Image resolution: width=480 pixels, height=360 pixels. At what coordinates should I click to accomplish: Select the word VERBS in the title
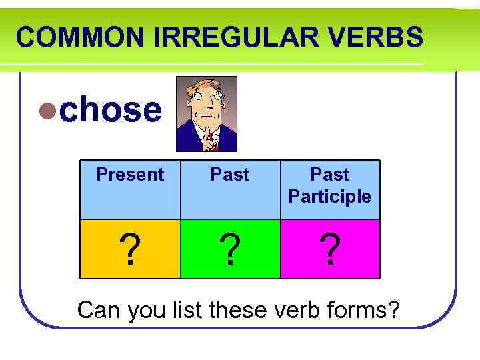click(377, 37)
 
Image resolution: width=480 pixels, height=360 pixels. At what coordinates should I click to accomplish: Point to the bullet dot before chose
click(47, 111)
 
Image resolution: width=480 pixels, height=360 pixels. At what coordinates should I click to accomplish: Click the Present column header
click(130, 175)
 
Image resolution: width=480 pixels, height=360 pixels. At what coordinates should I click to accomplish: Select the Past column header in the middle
click(230, 175)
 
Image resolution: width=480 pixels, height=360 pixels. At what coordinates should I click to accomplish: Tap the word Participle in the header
click(330, 197)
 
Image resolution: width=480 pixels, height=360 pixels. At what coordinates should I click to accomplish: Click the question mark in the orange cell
click(131, 250)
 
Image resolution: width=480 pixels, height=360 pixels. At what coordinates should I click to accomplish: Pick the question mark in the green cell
click(230, 250)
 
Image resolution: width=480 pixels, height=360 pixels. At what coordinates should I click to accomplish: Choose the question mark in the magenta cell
click(330, 250)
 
